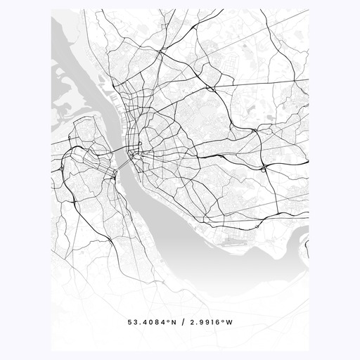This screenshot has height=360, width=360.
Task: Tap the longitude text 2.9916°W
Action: tap(210, 323)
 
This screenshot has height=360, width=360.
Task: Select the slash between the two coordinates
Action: tap(181, 323)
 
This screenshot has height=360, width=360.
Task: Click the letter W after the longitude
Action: tap(229, 323)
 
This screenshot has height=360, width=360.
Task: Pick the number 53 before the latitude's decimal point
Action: tap(132, 323)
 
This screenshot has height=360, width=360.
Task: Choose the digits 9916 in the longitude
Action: tap(210, 323)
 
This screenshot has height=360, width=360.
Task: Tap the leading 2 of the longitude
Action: tap(192, 323)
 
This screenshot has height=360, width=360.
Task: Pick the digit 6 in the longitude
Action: tap(219, 323)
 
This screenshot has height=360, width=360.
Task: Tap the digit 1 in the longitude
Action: tap(213, 323)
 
